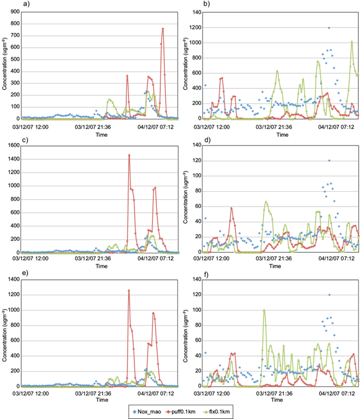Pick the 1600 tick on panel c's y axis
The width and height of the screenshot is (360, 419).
point(12,145)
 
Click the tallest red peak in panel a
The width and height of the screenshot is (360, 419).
point(163,28)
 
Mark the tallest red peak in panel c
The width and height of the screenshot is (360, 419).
point(129,155)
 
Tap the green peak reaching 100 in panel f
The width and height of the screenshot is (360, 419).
point(264,310)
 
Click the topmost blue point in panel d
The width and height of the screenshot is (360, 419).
point(329,160)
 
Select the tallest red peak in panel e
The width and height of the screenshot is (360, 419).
point(129,290)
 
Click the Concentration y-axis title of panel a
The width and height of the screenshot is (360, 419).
point(4,64)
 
